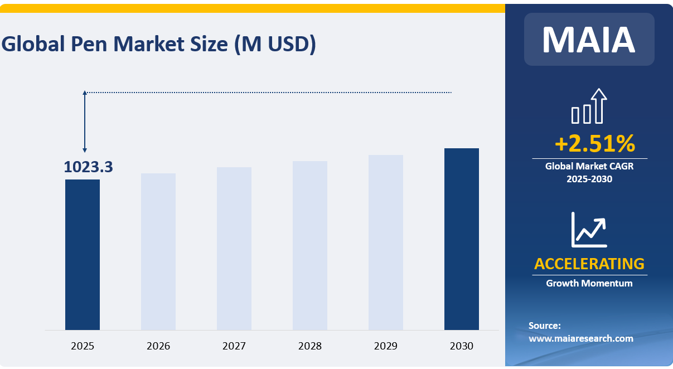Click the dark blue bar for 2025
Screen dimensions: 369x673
[83, 254]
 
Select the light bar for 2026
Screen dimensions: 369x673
[158, 251]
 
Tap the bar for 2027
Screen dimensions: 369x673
[234, 248]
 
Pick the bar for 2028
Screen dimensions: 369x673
[310, 245]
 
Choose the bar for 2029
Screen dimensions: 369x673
[386, 242]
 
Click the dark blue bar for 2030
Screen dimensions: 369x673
[462, 239]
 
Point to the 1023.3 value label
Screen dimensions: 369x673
[88, 167]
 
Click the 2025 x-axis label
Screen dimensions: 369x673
[83, 346]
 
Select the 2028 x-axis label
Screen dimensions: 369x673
[310, 346]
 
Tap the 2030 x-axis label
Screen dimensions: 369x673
[462, 346]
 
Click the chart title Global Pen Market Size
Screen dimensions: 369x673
[159, 44]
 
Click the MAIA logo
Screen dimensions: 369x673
[589, 39]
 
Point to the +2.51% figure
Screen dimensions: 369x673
[594, 144]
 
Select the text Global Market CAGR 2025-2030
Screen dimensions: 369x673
[589, 172]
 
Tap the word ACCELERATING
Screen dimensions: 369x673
[589, 263]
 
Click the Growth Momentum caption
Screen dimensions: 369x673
[589, 283]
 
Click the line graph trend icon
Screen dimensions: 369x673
[589, 230]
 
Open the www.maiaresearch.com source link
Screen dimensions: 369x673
[581, 338]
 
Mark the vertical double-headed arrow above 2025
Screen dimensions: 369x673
[85, 122]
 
